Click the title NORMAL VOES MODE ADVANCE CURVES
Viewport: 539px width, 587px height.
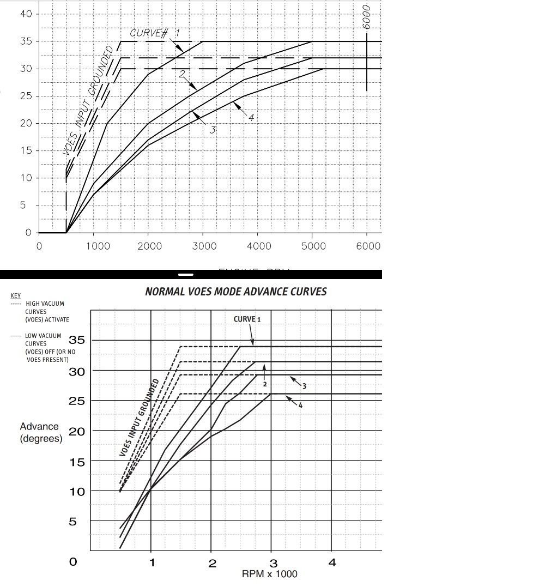[236, 292]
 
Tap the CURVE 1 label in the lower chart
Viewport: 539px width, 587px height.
[247, 319]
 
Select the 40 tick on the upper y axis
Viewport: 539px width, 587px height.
[26, 14]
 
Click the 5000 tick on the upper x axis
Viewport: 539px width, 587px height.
[313, 246]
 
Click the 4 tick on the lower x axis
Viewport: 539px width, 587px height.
[332, 563]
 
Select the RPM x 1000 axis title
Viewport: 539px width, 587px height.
[270, 574]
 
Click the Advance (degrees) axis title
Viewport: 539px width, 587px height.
[41, 432]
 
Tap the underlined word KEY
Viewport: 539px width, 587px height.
[16, 296]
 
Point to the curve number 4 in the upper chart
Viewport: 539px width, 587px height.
[251, 117]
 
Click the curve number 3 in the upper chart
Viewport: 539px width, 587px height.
[213, 130]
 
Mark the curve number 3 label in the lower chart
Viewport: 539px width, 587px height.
[304, 386]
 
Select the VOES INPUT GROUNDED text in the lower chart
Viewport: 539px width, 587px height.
[140, 417]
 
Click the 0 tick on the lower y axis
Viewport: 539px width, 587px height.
[73, 561]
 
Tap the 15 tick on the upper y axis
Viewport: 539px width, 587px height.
[26, 150]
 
